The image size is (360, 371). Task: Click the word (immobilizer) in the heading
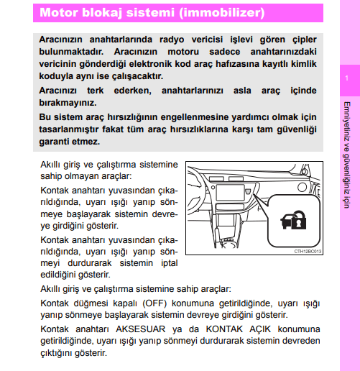(223, 12)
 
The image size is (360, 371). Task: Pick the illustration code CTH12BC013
(308, 252)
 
